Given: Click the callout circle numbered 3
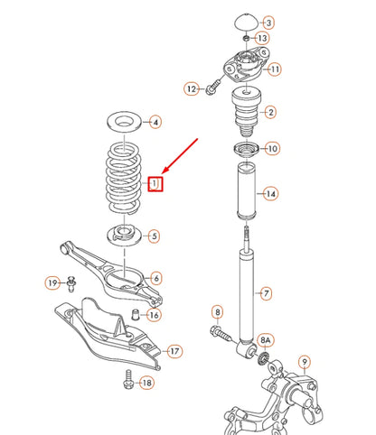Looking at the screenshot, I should (269, 22).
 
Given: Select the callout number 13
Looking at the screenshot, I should (261, 39).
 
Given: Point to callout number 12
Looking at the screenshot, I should (192, 88).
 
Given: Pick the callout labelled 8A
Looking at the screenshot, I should (265, 340).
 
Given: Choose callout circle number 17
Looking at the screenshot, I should (174, 351).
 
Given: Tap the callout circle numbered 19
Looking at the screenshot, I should (53, 283).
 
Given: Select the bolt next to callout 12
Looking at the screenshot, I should (213, 88).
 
